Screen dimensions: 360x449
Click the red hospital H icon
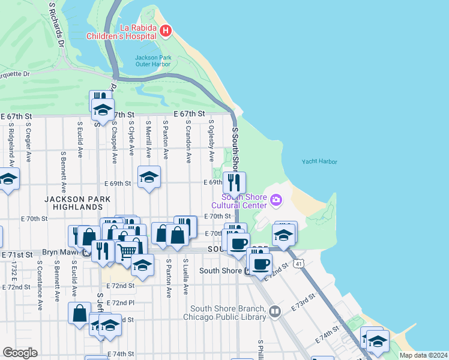pyautogui.click(x=166, y=30)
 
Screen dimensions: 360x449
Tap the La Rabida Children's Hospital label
pyautogui.click(x=130, y=31)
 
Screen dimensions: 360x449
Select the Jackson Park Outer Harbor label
pyautogui.click(x=153, y=61)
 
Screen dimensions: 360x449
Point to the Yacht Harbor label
pyautogui.click(x=319, y=161)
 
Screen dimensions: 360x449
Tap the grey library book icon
pyautogui.click(x=275, y=311)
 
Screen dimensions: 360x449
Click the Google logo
pyautogui.click(x=20, y=352)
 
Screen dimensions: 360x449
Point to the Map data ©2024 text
pyautogui.click(x=423, y=355)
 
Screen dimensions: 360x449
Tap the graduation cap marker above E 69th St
pyautogui.click(x=149, y=177)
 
